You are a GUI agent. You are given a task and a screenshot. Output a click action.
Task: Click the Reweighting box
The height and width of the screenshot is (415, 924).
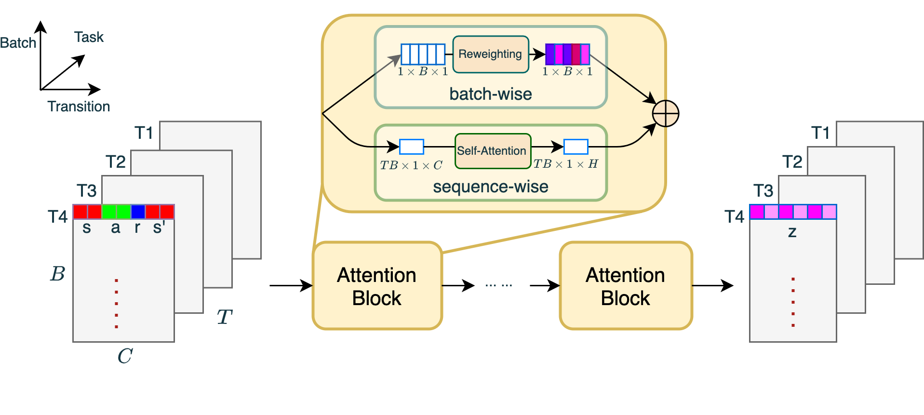tap(490, 54)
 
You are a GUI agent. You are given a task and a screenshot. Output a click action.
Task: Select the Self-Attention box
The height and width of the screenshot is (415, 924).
tap(492, 151)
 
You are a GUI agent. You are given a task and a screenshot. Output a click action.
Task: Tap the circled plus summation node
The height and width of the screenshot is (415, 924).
tap(665, 114)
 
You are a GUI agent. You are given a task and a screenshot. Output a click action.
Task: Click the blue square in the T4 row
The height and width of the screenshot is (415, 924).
tap(138, 212)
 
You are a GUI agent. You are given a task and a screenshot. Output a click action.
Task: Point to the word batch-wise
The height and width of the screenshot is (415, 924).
tap(490, 94)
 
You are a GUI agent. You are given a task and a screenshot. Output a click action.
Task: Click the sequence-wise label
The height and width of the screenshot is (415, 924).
tap(490, 187)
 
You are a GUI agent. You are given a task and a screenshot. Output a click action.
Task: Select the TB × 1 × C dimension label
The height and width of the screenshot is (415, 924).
tap(411, 165)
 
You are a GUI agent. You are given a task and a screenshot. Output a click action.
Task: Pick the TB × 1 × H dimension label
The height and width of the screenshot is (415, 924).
tap(565, 164)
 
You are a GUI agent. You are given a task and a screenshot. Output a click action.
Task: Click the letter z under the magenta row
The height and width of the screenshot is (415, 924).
tap(792, 232)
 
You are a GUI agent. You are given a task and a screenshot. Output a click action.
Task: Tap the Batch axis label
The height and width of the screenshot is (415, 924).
tap(18, 43)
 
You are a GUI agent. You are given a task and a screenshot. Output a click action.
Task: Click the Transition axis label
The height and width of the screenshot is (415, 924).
tap(79, 107)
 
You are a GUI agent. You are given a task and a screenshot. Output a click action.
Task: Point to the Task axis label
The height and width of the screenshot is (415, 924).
tap(89, 37)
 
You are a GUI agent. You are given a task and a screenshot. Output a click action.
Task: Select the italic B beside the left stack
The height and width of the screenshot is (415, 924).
tap(57, 274)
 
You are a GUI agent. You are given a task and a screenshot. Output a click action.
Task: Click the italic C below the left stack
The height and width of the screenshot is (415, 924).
tap(125, 356)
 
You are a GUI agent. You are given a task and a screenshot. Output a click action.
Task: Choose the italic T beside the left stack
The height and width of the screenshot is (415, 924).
tap(224, 317)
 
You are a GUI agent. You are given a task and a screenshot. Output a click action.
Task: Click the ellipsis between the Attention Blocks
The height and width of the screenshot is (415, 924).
tap(498, 285)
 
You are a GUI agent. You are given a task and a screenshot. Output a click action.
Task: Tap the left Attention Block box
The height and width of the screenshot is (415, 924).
tap(377, 286)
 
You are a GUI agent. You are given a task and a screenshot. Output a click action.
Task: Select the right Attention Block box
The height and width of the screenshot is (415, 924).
tap(626, 286)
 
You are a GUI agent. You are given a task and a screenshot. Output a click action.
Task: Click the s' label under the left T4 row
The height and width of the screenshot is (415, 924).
tap(159, 227)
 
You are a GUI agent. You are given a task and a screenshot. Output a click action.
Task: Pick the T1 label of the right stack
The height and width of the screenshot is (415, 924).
tap(820, 133)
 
